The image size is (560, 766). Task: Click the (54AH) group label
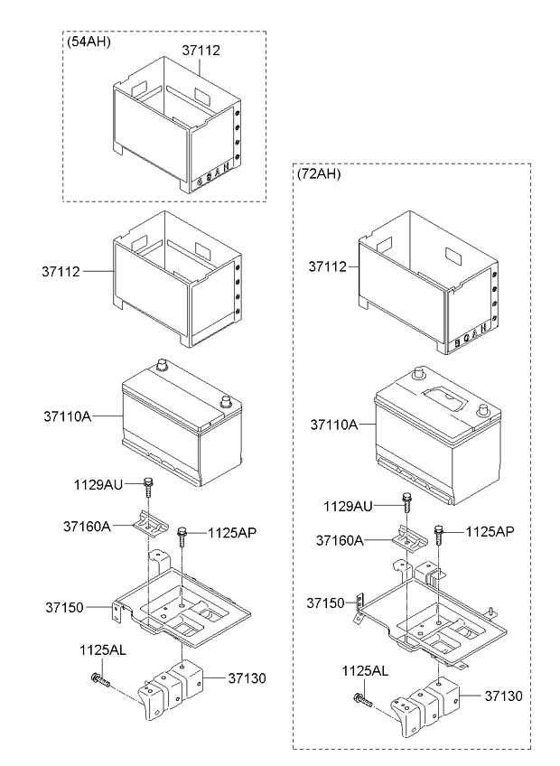89,42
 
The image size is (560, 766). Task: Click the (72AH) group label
319,174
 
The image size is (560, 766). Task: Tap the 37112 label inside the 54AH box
201,51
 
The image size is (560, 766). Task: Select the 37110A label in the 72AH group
334,425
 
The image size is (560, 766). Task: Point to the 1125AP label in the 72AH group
490,531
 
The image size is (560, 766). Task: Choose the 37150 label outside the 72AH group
65,608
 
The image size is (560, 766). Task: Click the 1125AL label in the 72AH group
365,671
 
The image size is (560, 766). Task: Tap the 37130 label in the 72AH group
504,696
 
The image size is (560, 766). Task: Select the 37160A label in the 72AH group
340,540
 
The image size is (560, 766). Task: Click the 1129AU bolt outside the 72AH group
147,486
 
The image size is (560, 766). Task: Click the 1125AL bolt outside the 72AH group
99,680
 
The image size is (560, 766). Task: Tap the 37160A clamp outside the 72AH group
151,524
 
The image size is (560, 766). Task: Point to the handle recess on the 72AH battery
445,398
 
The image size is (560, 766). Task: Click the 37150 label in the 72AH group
325,603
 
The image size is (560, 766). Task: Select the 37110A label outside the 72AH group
68,416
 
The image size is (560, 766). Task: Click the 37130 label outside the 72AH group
247,678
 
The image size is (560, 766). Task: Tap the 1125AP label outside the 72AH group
232,532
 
